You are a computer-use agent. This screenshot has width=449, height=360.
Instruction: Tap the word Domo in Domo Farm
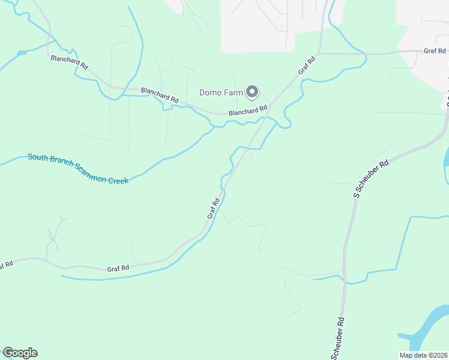click(211, 93)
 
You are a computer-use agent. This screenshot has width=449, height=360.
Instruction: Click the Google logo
click(20, 353)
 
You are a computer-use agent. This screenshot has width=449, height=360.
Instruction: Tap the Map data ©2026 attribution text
click(423, 355)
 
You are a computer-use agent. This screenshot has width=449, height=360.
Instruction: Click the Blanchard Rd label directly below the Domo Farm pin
click(247, 111)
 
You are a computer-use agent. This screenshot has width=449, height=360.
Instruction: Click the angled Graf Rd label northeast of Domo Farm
click(307, 66)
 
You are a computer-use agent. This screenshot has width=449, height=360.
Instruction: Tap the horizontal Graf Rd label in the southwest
click(118, 269)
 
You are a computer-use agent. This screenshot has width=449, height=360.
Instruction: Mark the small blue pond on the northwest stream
click(22, 53)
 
